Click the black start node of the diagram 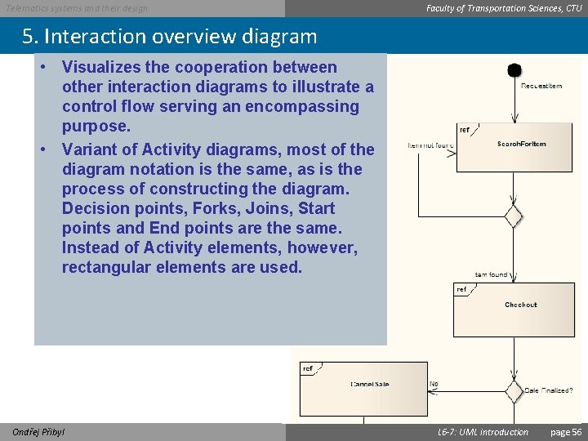[514, 71]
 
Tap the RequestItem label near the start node [541, 86]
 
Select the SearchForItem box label [521, 145]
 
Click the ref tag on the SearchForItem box [465, 129]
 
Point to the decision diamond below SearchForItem [513, 216]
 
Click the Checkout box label [520, 305]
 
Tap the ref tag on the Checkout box [461, 289]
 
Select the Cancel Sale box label [369, 384]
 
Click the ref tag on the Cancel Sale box [308, 369]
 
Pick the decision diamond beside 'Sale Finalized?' [513, 391]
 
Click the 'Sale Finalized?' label [548, 391]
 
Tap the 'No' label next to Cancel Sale [434, 383]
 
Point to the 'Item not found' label [431, 145]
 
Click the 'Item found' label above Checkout [492, 274]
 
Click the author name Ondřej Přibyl [38, 432]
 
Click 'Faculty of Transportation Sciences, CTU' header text [504, 8]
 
